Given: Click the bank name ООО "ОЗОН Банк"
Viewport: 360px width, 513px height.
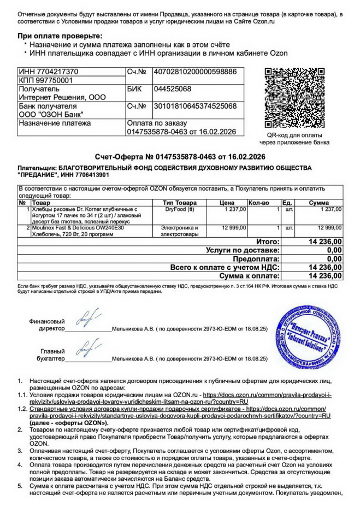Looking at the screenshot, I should point(51,115).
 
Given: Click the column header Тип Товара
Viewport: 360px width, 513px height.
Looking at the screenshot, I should point(180,203).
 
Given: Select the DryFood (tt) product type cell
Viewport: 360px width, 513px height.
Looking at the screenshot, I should point(180,209).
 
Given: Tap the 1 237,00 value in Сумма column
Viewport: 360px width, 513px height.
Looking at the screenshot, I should point(331,209).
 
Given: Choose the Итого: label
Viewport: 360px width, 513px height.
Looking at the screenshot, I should point(268,241).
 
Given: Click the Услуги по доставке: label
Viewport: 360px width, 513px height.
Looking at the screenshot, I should point(243,250).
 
